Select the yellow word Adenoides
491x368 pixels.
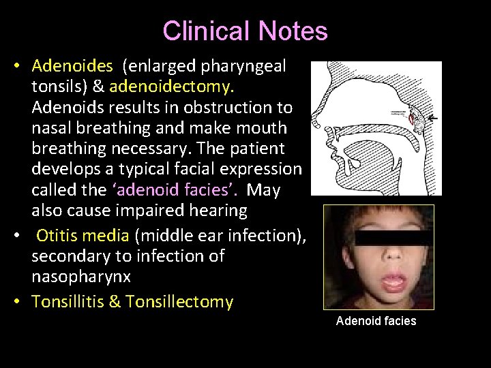point(72,66)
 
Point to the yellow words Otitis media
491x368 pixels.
point(83,236)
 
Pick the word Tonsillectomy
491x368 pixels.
point(179,301)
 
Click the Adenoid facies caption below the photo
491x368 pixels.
point(376,320)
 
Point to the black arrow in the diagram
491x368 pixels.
point(431,118)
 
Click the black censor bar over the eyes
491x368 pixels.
point(378,239)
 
